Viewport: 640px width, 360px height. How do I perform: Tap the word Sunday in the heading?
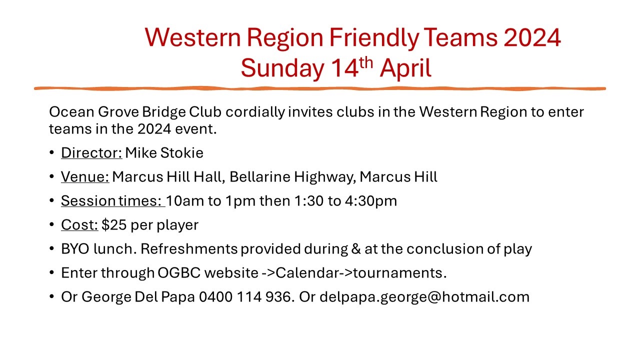281,68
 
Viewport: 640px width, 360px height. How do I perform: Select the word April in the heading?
405,68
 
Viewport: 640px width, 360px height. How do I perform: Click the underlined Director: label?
91,152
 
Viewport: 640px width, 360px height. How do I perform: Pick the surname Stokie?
182,152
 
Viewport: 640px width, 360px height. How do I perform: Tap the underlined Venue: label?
85,176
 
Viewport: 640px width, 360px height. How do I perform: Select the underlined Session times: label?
113,200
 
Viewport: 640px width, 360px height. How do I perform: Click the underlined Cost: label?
79,224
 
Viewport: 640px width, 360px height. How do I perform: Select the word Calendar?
306,273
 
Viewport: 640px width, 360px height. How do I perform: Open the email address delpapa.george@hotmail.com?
424,297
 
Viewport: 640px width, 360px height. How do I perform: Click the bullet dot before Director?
52,153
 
